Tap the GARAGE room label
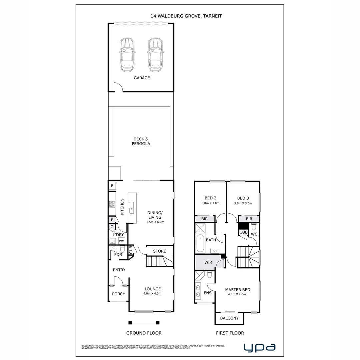coord(142,78)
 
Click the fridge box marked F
coord(112,186)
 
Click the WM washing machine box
coord(122,241)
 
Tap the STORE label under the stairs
coord(159,251)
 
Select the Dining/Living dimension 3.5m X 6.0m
coord(155,222)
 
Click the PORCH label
coord(119,294)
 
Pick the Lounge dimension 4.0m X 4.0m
coord(153,294)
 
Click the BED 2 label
coord(210,198)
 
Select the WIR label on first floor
coord(208,262)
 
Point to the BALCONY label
coord(229,318)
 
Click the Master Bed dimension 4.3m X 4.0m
coord(237,294)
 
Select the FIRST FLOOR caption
coord(230,333)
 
